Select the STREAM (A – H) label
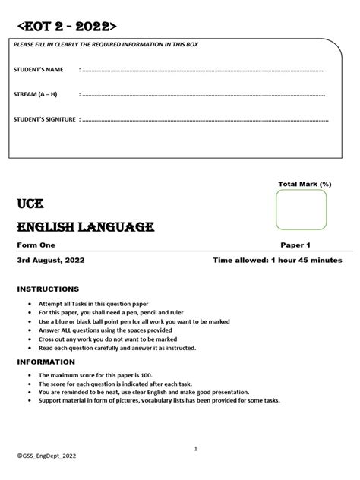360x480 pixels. coord(36,95)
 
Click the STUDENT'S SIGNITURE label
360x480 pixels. coord(45,119)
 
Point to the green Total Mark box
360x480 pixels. coord(302,210)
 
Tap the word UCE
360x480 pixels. coord(30,204)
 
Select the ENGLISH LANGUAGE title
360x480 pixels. coord(86,227)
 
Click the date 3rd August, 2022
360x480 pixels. coord(52,260)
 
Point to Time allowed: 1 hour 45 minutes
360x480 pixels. coord(278,260)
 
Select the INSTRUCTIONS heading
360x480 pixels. coord(48,289)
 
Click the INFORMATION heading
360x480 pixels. coord(47,362)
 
